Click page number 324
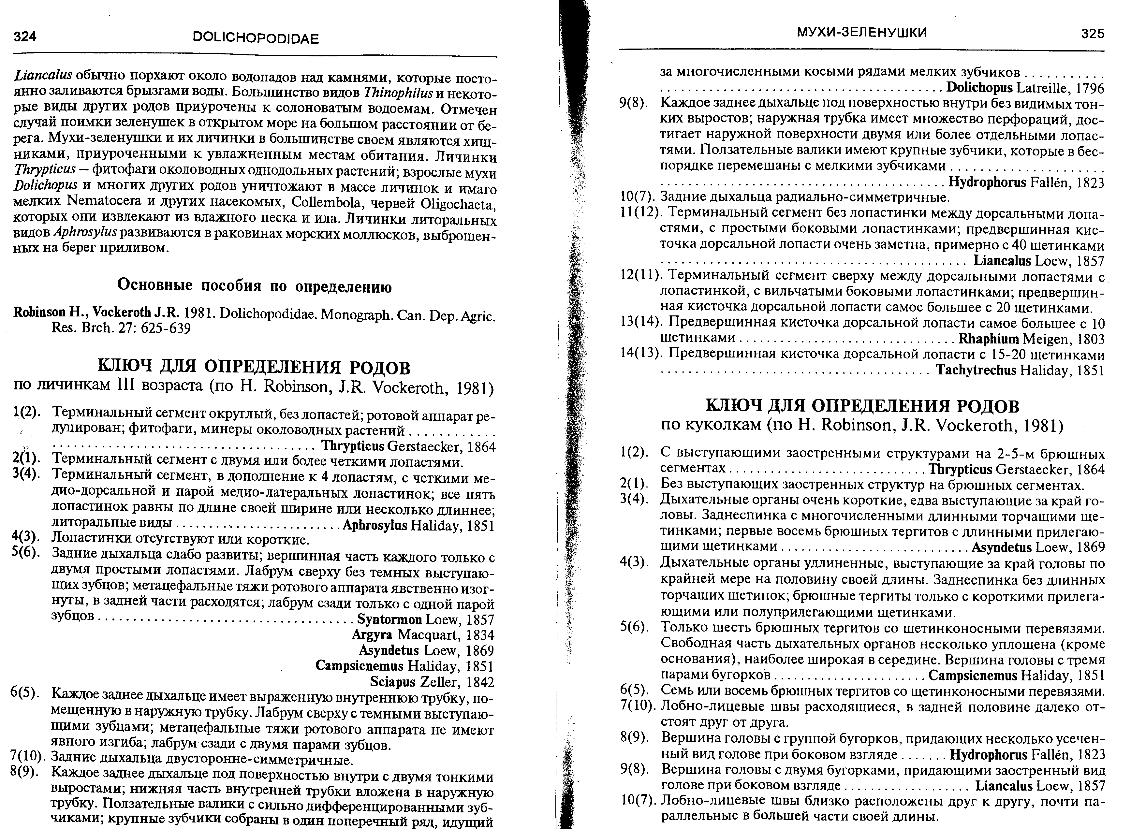(25, 36)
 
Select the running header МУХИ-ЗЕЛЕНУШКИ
(862, 33)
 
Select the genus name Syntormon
(389, 620)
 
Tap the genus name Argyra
(372, 635)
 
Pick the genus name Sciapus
(392, 682)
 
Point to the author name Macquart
(428, 635)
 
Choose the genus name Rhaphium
(989, 339)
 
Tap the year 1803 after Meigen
(1090, 339)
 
